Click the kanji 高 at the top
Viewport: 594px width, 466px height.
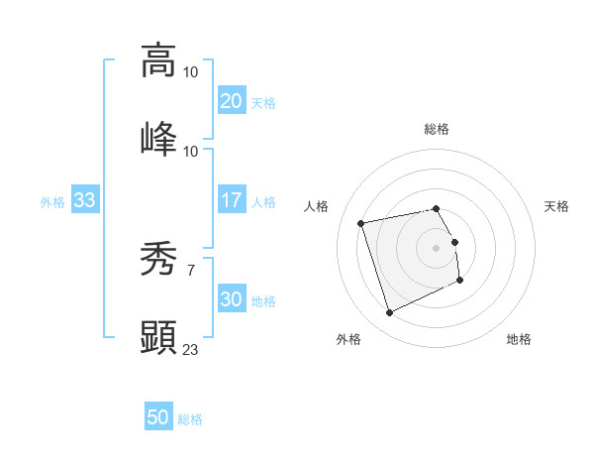point(158,59)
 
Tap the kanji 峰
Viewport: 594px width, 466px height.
point(158,139)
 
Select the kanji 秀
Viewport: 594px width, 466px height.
point(158,260)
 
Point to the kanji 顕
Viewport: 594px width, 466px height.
point(158,338)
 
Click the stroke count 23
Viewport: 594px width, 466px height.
point(191,349)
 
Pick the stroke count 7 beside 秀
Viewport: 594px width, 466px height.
point(190,271)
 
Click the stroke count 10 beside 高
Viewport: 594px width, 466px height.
point(191,72)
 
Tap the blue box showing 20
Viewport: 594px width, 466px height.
point(232,101)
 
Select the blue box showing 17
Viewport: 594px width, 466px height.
point(232,200)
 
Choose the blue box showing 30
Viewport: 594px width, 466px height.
point(232,299)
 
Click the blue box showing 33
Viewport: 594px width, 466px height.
point(84,200)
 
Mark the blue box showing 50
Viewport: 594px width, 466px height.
point(158,418)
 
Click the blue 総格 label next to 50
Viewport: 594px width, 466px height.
point(190,419)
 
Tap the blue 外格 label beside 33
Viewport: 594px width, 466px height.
point(52,201)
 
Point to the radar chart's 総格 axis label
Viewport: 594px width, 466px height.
point(437,129)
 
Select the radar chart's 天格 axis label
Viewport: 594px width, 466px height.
point(557,206)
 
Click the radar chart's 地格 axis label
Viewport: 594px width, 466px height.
point(519,340)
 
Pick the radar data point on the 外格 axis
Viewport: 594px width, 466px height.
point(389,313)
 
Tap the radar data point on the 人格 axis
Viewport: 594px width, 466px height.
point(361,222)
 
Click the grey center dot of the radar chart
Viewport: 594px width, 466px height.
point(437,248)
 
